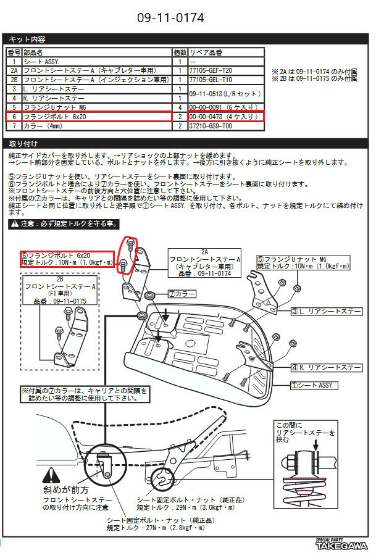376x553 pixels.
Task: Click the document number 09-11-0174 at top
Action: point(187,17)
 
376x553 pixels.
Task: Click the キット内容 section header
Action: point(26,39)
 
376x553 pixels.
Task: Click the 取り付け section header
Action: point(24,143)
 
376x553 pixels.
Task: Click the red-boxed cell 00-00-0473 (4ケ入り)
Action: point(225,116)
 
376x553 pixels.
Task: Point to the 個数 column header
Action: point(180,53)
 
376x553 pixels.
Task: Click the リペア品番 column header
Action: point(206,53)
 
